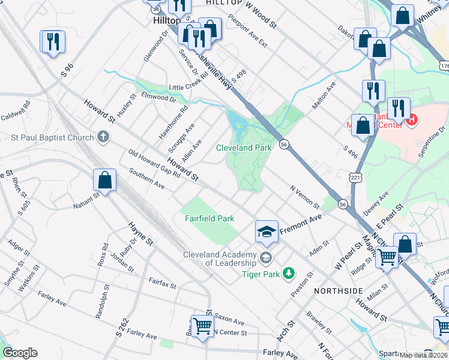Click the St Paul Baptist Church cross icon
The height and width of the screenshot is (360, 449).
(x=104, y=137)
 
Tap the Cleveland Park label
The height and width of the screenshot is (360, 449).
(x=244, y=147)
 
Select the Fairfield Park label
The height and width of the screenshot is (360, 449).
(x=208, y=219)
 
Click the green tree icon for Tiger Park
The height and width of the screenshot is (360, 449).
(x=289, y=274)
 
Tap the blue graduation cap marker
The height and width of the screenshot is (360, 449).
(x=267, y=231)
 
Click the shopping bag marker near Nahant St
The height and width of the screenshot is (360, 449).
(x=104, y=181)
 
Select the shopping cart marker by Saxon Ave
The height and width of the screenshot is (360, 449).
(x=203, y=326)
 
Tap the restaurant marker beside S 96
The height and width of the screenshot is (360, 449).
(x=52, y=42)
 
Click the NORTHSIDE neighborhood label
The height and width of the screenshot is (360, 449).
(x=338, y=290)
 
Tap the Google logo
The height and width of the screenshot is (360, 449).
(x=20, y=352)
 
